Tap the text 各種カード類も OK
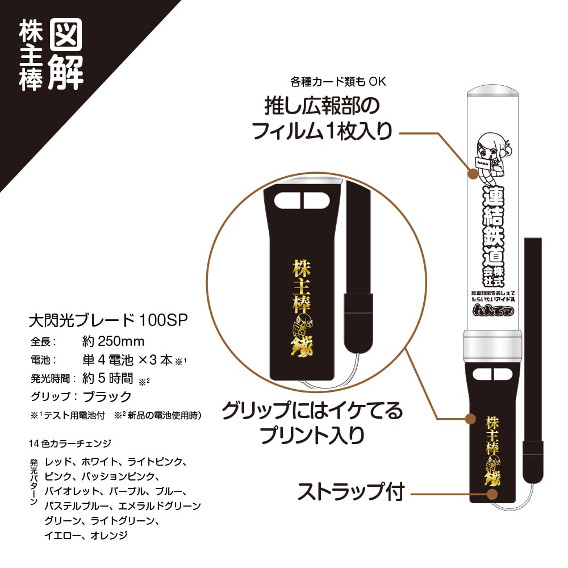tap(338, 82)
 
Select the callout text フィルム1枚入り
tap(322, 132)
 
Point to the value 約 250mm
tap(113, 341)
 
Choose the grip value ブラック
tap(107, 396)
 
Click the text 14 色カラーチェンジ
tap(70, 443)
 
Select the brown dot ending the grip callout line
tap(470, 419)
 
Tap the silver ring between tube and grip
tap(491, 346)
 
